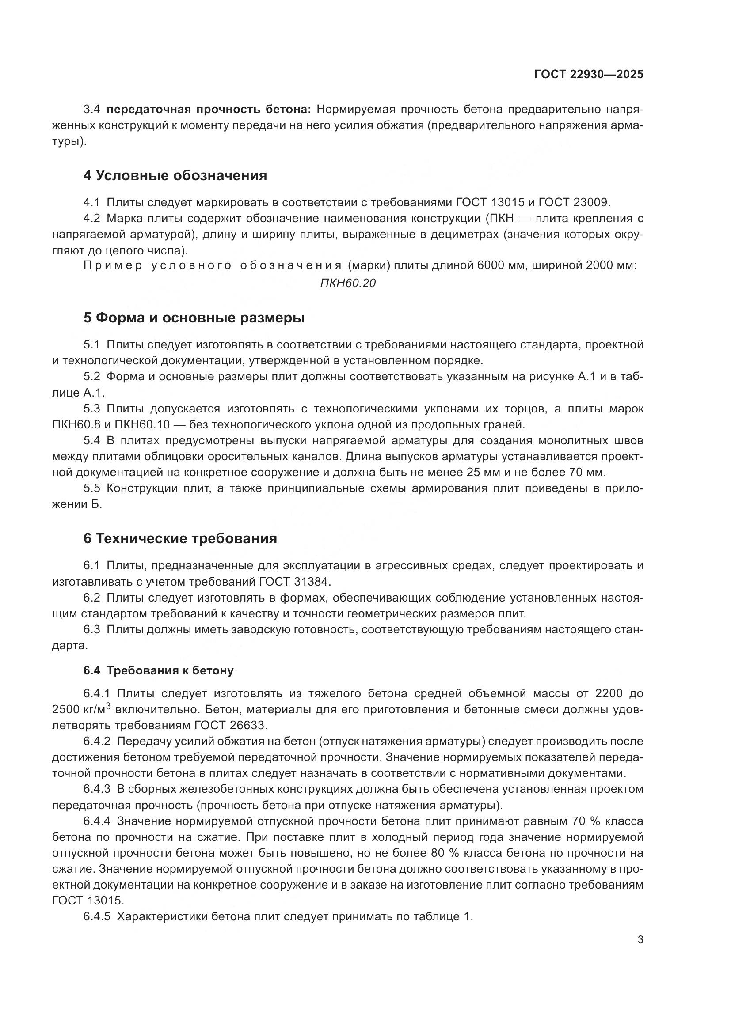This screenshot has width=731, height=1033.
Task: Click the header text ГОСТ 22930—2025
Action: (589, 74)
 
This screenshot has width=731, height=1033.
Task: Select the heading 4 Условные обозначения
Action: (175, 175)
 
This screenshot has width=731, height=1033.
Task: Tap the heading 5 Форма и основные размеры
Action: (194, 318)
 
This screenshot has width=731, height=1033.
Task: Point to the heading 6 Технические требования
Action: (180, 538)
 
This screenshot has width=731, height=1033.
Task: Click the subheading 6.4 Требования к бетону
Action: (159, 670)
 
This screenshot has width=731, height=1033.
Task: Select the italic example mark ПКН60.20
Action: (347, 283)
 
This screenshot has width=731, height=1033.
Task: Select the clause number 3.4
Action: (92, 110)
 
